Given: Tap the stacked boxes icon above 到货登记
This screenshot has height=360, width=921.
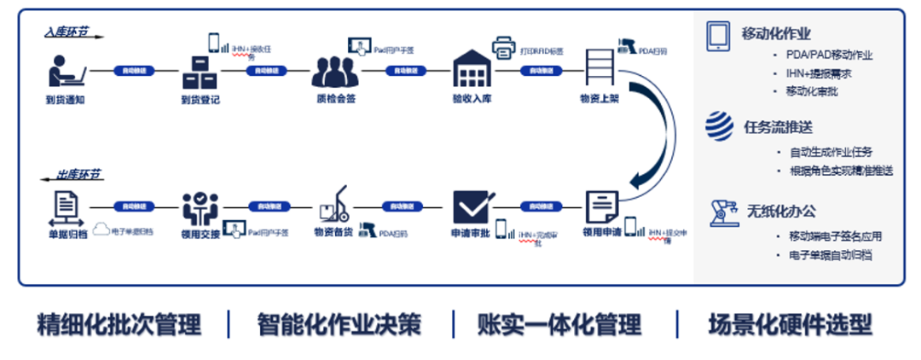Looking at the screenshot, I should (200, 72).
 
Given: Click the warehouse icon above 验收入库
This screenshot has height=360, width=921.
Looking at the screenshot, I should (472, 70).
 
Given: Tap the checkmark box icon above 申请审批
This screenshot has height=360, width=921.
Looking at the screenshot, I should (471, 207).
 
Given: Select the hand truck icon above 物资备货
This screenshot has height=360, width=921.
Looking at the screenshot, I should (333, 206).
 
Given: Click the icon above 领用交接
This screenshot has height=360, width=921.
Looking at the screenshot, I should (200, 207).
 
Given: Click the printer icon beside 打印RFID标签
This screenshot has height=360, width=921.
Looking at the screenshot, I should (505, 48).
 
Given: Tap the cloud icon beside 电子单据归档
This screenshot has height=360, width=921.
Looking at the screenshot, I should (101, 229).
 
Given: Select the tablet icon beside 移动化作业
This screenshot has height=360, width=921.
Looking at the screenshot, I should (719, 35).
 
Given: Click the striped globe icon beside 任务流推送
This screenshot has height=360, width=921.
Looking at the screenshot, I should (720, 126).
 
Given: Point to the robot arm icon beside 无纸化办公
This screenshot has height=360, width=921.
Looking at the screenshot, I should (721, 211).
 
